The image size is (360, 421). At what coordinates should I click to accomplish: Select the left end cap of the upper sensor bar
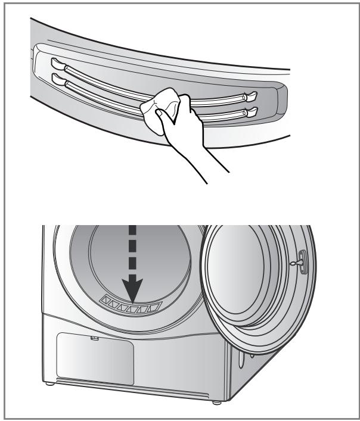coord(56,62)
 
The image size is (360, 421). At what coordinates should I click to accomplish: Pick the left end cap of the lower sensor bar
coord(56,77)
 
